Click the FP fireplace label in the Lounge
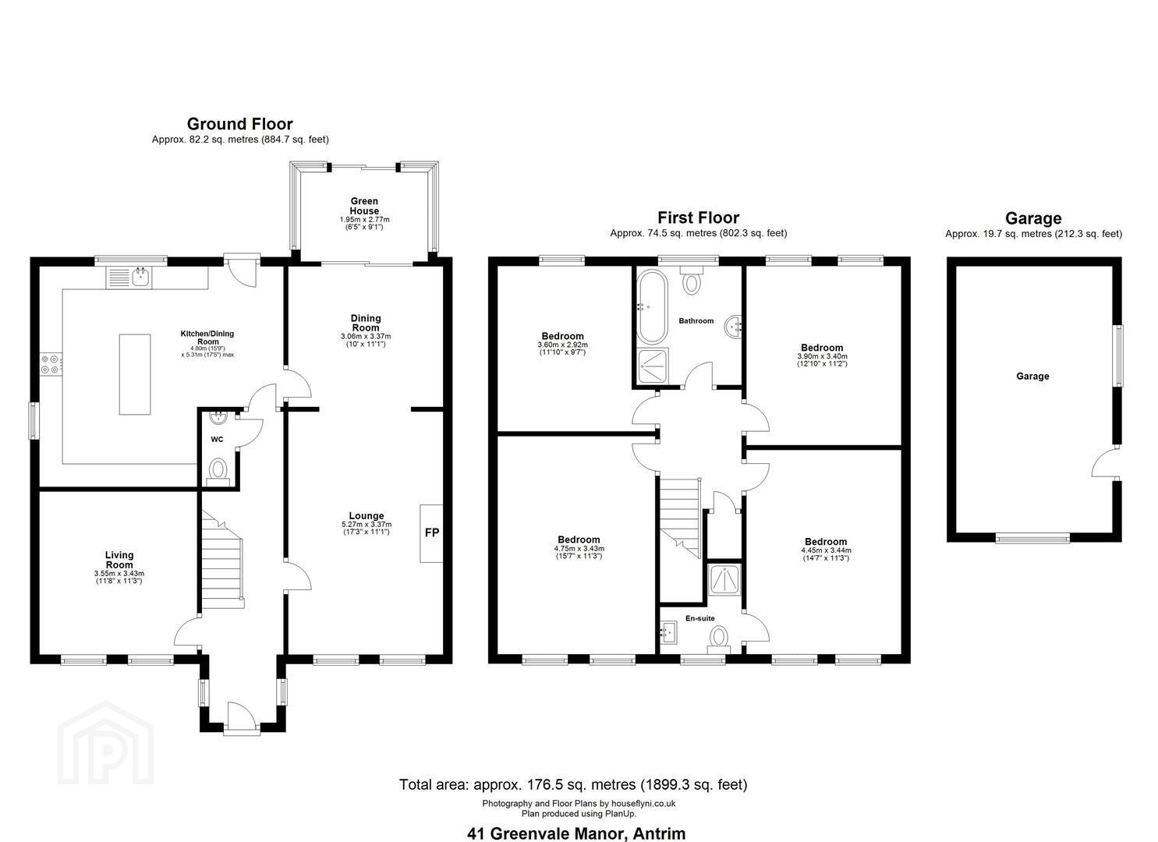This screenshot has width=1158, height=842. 432,532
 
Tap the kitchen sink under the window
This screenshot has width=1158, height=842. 129,278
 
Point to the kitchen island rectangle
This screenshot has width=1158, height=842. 135,374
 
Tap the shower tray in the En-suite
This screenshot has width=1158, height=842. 725,578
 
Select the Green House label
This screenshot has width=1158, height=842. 364,206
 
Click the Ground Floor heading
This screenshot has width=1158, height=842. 240,124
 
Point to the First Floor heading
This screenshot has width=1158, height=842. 699,218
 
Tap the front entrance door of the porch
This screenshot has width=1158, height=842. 242,717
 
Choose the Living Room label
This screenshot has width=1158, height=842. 119,560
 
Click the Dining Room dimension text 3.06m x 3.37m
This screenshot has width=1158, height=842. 366,337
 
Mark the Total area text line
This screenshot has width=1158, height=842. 573,784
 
